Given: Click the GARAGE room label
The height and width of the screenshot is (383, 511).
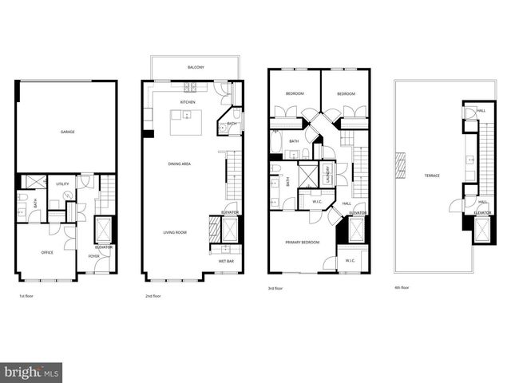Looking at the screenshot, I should [x=68, y=132].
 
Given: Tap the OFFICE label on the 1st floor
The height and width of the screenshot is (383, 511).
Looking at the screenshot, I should [x=47, y=253].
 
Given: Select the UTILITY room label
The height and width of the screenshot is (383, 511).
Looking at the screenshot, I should [x=61, y=184].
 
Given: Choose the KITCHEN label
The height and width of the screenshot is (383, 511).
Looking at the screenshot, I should [x=188, y=102].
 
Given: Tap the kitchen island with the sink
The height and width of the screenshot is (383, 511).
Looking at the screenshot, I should [x=185, y=122].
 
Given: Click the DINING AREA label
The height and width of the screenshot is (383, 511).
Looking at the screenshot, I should [x=179, y=164].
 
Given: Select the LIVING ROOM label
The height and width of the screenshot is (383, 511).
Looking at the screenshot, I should [x=175, y=232].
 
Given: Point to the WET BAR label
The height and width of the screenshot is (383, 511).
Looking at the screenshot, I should [x=226, y=261].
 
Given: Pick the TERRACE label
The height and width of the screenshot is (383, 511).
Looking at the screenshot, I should [x=432, y=176].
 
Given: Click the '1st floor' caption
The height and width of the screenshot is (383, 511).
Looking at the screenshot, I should [x=25, y=297].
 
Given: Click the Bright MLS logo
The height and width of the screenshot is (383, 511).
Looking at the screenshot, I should [x=32, y=372].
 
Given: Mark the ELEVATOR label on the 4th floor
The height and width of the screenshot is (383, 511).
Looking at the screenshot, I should [x=481, y=213].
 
